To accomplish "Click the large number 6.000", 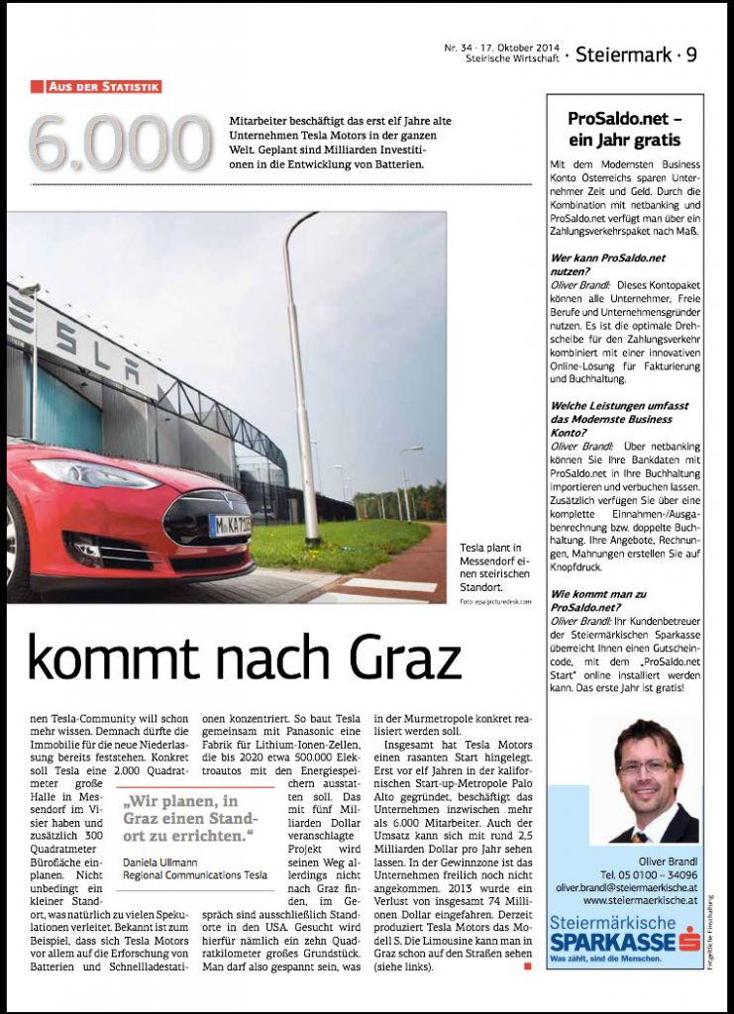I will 120,144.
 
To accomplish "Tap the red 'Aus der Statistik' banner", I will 96,87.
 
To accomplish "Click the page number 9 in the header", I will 691,55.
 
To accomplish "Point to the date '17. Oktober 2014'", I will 517,48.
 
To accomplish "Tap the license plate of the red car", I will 232,526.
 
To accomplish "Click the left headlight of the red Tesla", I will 95,473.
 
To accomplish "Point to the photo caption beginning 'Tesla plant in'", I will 495,564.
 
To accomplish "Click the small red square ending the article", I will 528,965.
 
